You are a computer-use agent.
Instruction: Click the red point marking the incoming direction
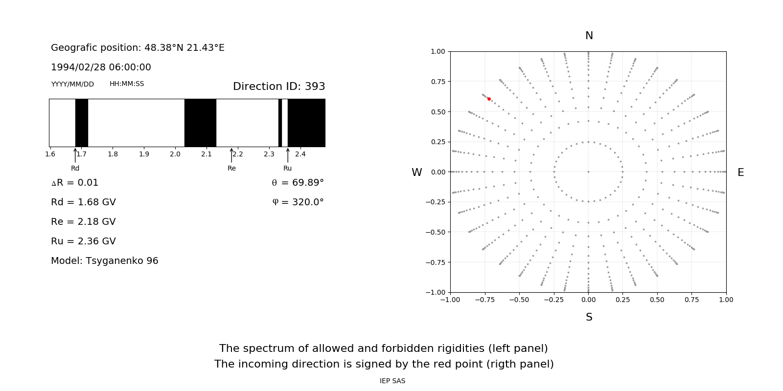(489, 99)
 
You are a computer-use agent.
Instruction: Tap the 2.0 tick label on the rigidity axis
(175, 154)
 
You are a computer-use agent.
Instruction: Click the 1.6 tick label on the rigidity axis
(50, 154)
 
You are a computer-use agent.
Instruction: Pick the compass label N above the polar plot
(589, 36)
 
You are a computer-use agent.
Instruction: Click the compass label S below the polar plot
(589, 317)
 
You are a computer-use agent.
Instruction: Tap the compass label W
(416, 173)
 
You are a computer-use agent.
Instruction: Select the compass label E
(740, 173)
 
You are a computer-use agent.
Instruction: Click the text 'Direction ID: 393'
(279, 87)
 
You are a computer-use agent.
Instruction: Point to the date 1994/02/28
(76, 67)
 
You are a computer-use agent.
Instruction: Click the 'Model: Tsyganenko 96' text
(105, 261)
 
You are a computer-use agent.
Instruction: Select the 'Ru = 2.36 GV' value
(83, 241)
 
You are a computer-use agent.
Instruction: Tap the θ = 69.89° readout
(298, 182)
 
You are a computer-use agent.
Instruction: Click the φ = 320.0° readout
(298, 202)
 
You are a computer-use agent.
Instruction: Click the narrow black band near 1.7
(82, 123)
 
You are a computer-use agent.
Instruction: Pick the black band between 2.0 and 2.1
(200, 123)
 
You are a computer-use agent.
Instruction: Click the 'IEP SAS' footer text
(392, 381)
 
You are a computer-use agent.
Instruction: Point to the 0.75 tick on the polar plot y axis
(438, 81)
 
